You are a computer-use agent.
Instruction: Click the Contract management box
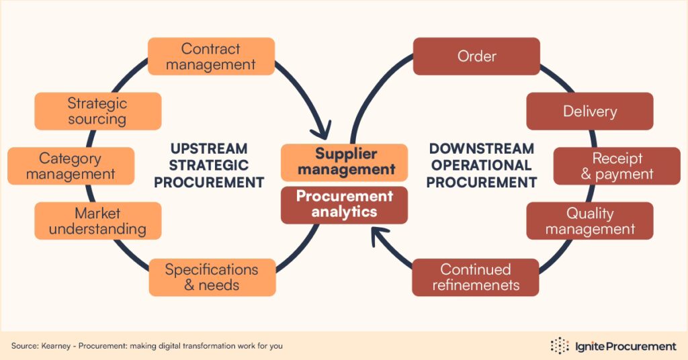211,56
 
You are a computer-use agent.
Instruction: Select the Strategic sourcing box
97,111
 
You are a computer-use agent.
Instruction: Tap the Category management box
71,166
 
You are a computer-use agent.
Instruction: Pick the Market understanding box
97,221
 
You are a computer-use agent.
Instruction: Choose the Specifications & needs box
211,277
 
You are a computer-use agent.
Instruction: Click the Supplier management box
344,162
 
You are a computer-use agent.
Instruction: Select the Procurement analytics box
344,204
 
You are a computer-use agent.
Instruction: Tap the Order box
476,56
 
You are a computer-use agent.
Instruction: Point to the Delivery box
589,111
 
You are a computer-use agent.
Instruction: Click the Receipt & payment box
617,166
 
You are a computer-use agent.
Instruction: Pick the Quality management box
589,221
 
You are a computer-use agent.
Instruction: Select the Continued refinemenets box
476,277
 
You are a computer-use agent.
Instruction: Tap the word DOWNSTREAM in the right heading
481,148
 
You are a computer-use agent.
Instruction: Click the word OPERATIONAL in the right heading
481,165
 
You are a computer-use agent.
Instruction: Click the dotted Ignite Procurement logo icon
560,346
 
